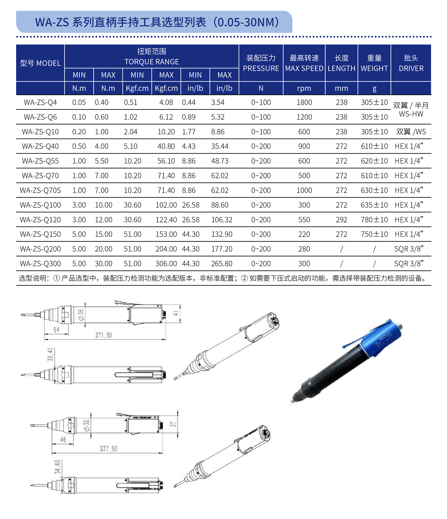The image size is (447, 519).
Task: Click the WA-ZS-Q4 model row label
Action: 40,102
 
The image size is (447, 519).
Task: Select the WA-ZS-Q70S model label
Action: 40,190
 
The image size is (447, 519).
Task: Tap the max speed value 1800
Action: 304,102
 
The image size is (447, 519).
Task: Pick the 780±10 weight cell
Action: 374,220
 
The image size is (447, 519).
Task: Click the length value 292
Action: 342,220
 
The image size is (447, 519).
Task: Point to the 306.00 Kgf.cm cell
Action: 166,264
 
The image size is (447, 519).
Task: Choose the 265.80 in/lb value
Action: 222,264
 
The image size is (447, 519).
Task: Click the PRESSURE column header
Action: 261,68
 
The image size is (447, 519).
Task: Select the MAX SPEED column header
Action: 304,68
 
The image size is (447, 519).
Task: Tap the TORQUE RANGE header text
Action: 152,62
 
